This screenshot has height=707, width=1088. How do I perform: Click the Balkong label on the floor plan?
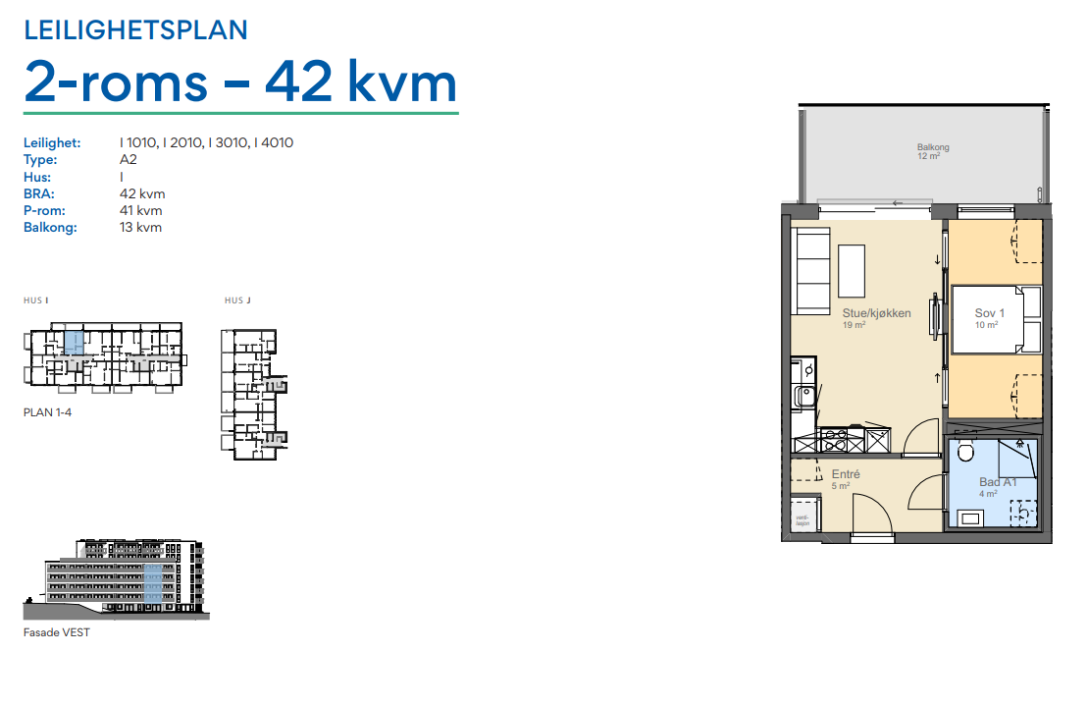pyautogui.click(x=933, y=147)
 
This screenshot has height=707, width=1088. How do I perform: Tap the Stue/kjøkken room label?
pyautogui.click(x=876, y=313)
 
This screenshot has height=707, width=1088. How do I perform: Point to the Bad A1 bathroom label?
pyautogui.click(x=998, y=482)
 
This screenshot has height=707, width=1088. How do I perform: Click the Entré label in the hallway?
pyautogui.click(x=846, y=474)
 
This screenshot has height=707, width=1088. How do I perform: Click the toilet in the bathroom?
pyautogui.click(x=964, y=452)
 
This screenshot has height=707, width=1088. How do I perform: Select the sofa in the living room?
pyautogui.click(x=812, y=269)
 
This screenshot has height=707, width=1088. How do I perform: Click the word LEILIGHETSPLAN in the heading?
pyautogui.click(x=135, y=30)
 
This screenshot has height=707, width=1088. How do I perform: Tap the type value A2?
pyautogui.click(x=130, y=160)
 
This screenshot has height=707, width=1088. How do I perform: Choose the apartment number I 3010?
pyautogui.click(x=230, y=143)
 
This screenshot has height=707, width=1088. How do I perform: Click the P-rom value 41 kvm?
pyautogui.click(x=140, y=210)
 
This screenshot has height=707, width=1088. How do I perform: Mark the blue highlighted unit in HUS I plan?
pyautogui.click(x=74, y=343)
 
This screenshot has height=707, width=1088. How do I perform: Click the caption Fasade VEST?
pyautogui.click(x=56, y=632)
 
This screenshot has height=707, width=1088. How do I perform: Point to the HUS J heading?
pyautogui.click(x=238, y=300)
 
